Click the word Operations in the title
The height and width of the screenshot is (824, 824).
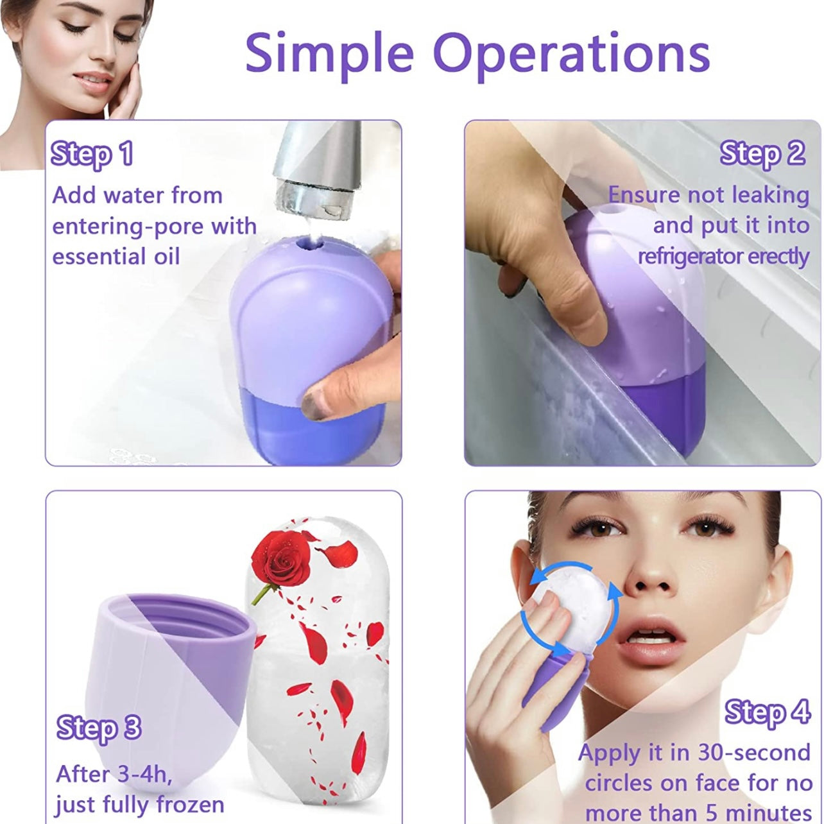pos(574,54)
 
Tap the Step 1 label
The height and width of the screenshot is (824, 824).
pos(92,155)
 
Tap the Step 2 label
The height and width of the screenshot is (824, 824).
pos(762,155)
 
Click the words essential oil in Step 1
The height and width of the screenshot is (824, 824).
pos(116,256)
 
